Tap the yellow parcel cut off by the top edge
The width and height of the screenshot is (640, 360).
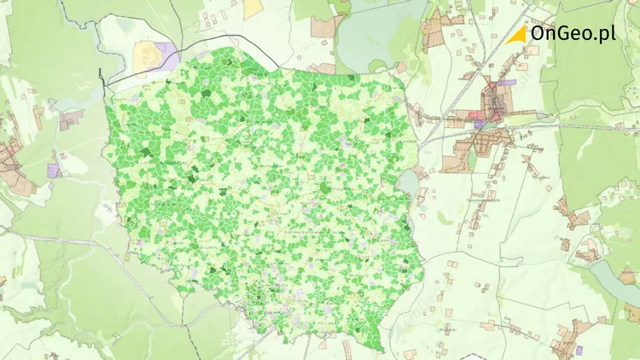pyautogui.click(x=253, y=8)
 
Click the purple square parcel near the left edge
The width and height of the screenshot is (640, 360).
pyautogui.click(x=55, y=170)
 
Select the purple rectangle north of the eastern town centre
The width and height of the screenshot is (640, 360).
pyautogui.click(x=508, y=83)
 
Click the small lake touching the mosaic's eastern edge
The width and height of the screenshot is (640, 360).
pyautogui.click(x=408, y=182)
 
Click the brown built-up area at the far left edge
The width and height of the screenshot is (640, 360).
pyautogui.click(x=10, y=158)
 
